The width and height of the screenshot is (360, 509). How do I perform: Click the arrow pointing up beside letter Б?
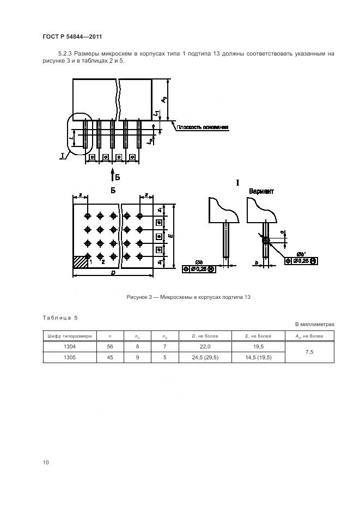(112, 176)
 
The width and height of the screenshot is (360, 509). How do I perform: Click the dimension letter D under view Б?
(112, 273)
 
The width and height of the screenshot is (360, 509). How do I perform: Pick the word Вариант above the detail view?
(261, 192)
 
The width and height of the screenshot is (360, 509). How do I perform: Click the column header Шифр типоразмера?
(70, 336)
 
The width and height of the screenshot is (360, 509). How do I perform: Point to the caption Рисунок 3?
(188, 297)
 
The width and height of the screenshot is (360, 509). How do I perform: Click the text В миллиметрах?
(315, 324)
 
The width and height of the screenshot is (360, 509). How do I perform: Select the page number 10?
(46, 463)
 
